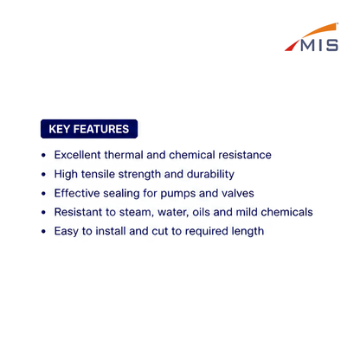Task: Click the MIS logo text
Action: pyautogui.click(x=319, y=45)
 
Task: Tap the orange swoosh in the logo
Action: pyautogui.click(x=320, y=30)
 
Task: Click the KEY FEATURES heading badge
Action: pyautogui.click(x=89, y=129)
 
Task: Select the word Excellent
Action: pyautogui.click(x=77, y=155)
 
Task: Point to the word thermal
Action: pyautogui.click(x=124, y=155)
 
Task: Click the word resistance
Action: pyautogui.click(x=245, y=155)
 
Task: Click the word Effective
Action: pyautogui.click(x=77, y=193)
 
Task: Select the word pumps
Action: pyautogui.click(x=178, y=194)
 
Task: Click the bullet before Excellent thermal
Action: pyautogui.click(x=43, y=155)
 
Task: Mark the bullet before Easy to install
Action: pyautogui.click(x=43, y=231)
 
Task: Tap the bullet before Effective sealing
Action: pyautogui.click(x=43, y=193)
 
